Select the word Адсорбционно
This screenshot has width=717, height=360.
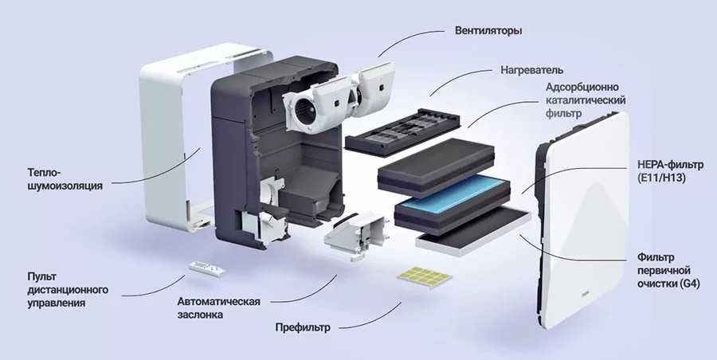pos(582,86)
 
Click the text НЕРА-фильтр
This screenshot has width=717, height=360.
pos(665,164)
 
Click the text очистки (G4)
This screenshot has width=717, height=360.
pos(668,284)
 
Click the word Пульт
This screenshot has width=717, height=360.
pos(41,276)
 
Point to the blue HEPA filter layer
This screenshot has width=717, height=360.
pos(454,196)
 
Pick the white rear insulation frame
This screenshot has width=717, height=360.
pos(163,135)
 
